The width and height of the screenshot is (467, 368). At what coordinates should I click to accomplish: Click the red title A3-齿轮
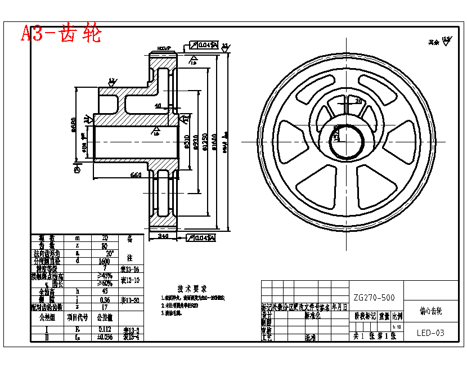coord(61,33)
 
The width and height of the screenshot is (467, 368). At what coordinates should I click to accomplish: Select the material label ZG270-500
coord(374,297)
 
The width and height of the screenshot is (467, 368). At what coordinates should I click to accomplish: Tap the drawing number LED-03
coord(430,333)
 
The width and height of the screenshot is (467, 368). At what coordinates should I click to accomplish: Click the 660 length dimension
coord(136,174)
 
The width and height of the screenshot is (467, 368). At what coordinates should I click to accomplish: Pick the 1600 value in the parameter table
coord(104,261)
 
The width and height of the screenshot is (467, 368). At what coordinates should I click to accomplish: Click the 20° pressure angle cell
coord(105,253)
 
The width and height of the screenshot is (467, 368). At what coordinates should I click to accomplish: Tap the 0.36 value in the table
coord(104,299)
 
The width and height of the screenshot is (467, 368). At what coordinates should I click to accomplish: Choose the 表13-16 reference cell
coord(130,268)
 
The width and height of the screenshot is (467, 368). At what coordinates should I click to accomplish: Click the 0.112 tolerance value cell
coord(104,330)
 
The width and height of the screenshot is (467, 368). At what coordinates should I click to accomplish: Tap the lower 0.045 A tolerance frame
coord(200,238)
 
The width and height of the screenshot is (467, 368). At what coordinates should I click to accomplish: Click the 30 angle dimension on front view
coord(358,101)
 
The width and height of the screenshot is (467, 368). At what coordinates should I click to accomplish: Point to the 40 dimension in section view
coord(158,105)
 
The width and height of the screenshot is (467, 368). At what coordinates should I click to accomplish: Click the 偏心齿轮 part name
coord(431,310)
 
